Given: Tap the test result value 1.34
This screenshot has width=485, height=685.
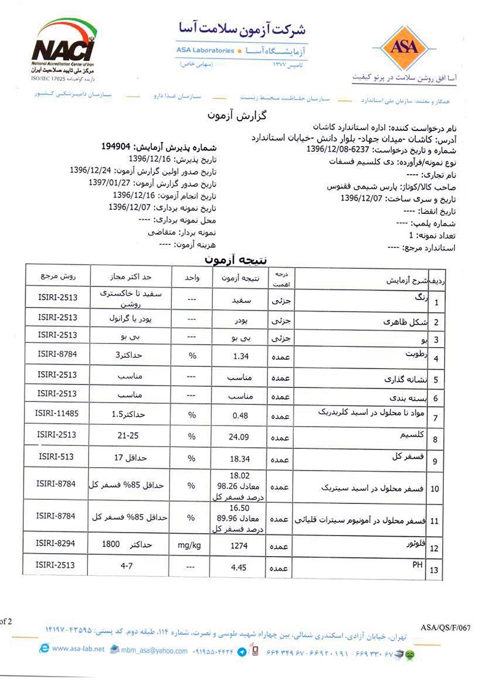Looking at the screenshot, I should coord(242,356).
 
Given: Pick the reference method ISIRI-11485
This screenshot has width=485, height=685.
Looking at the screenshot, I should coord(56,414).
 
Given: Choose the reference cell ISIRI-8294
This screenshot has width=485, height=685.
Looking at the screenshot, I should coord(56,543).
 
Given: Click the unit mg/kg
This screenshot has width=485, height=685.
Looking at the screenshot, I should coord(189,546).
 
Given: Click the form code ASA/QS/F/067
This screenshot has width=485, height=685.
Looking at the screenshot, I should coord(446,628).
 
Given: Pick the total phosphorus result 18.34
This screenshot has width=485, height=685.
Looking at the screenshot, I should coord(242,458).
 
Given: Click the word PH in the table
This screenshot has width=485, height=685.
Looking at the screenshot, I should coord(418,563).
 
